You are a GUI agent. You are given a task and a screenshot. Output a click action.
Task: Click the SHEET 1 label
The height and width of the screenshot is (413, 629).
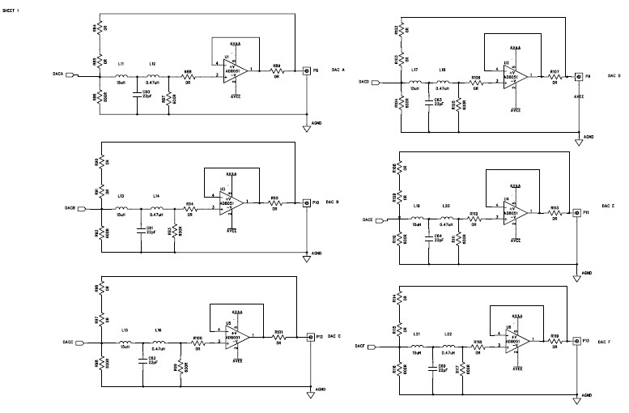12,9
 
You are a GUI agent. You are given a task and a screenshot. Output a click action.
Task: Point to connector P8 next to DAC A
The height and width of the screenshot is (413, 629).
307,71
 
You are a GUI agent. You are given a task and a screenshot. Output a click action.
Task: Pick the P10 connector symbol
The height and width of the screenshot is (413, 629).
307,202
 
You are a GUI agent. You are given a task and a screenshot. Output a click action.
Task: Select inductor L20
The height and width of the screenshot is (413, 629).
447,218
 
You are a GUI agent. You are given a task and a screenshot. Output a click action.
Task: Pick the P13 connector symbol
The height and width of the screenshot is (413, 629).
576,343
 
